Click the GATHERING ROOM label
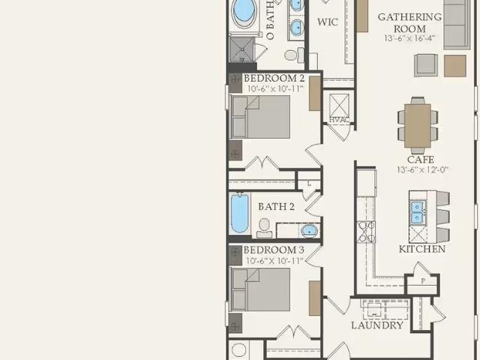410,22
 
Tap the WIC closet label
328,22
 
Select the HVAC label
339,120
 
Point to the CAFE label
421,160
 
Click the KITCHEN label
422,249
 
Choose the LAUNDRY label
377,325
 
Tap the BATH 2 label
277,207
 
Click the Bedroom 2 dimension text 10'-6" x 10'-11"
275,88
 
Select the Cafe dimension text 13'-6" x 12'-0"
422,169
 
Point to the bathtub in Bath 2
240,213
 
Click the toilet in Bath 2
264,228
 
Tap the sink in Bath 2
310,230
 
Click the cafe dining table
418,126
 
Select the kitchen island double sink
418,212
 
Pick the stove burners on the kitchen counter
366,232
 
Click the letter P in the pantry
423,280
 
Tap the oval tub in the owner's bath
244,12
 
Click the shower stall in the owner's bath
241,49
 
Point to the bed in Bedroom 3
261,289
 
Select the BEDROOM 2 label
274,78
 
